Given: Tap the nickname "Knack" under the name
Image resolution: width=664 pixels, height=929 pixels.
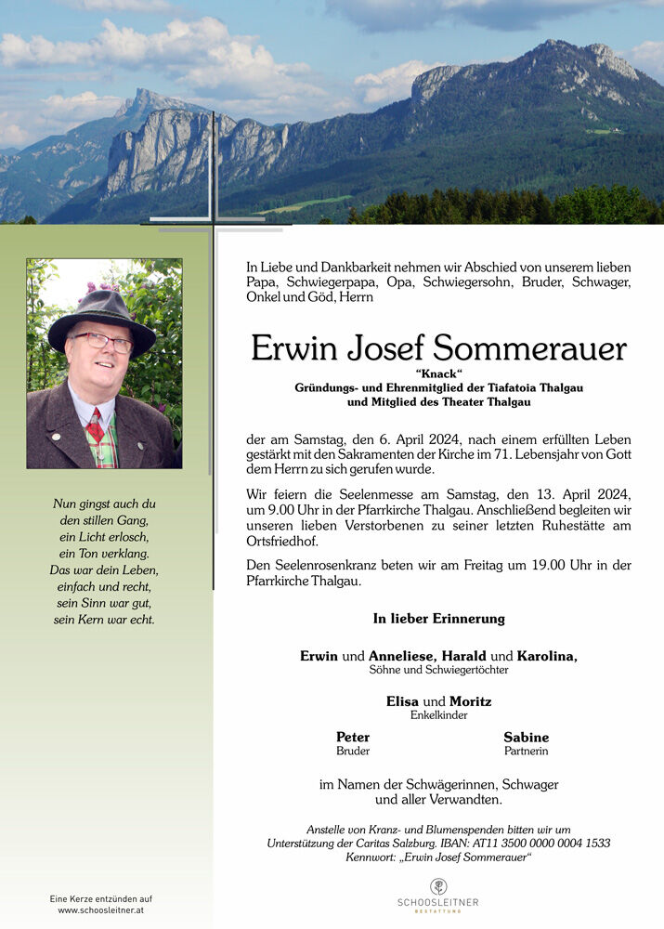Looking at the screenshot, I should tap(439, 373).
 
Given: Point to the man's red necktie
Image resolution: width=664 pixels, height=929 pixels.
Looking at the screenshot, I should tap(96, 425).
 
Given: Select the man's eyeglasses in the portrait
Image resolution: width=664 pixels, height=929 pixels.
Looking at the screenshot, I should tap(103, 341).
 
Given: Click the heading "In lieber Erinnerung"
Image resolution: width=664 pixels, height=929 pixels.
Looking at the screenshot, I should tap(438, 619).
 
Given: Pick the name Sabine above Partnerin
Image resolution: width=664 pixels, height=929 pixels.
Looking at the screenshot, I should tap(526, 738).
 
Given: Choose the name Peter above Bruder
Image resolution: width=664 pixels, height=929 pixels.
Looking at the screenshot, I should tap(353, 738).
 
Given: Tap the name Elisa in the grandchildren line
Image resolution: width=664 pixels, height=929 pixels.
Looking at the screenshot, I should tap(402, 701).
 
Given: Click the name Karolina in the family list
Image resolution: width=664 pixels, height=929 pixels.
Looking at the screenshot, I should tap(547, 656).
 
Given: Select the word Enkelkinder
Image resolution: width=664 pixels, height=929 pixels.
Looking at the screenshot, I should tap(438, 715).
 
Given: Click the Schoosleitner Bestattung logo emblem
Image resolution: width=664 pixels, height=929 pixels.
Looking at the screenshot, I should tap(438, 886).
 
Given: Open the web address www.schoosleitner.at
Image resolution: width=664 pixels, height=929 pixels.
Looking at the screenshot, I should tap(101, 910).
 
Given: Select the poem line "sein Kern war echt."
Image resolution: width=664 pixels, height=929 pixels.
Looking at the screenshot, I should tap(102, 620).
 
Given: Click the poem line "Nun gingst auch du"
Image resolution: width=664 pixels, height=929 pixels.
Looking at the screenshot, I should tap(102, 504).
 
